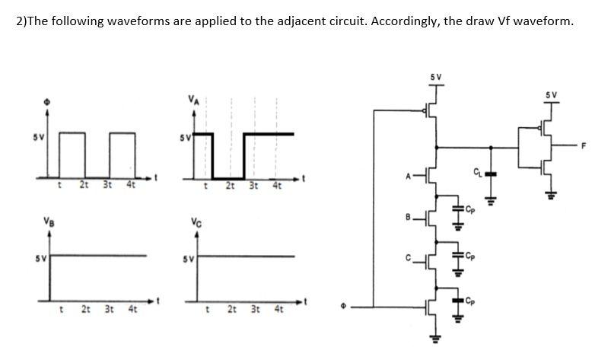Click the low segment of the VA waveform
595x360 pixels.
point(228,174)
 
